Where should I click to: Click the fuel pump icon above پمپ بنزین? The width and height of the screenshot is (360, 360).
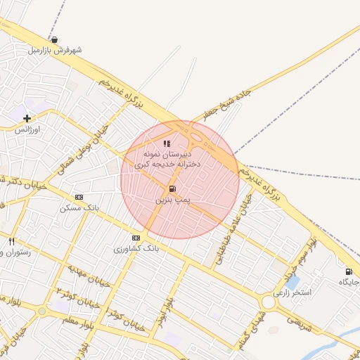point(172,189)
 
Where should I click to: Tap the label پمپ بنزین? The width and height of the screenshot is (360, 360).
point(172,201)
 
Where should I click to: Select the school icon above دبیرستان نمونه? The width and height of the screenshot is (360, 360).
point(167,143)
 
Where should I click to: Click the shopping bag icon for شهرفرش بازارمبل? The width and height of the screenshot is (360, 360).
point(55,39)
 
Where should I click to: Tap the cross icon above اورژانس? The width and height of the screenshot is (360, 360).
point(27,119)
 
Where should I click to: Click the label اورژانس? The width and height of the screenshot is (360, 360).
point(29,130)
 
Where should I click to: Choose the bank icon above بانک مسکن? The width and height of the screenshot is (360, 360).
point(79,197)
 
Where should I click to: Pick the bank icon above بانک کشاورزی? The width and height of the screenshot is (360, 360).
point(136,238)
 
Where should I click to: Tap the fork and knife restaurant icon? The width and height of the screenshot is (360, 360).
point(11,241)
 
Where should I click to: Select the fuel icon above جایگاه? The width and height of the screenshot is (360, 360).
point(348,271)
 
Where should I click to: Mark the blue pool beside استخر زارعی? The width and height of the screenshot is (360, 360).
point(292,282)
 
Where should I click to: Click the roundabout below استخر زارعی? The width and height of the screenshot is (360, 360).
point(269,302)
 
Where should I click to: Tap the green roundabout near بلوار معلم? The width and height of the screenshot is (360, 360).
point(42,311)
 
